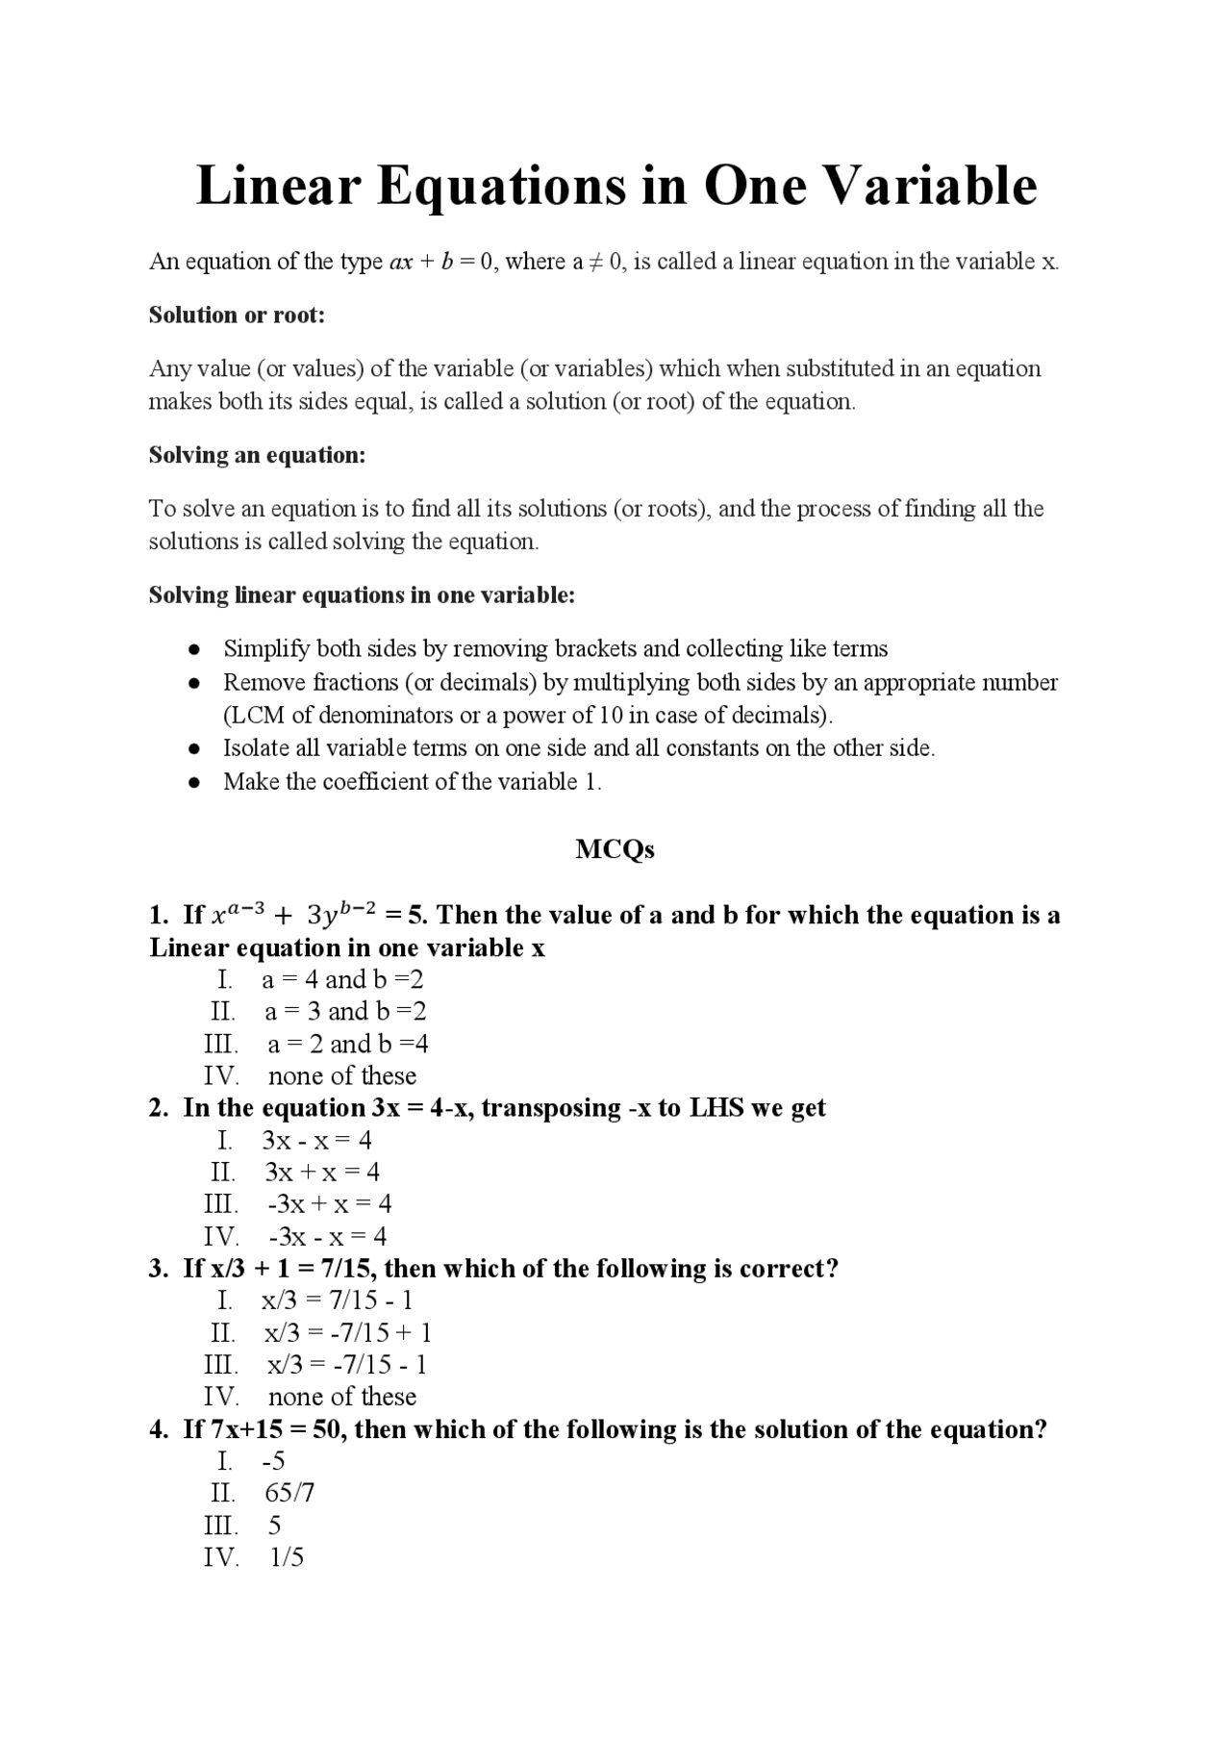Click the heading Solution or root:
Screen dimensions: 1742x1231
click(237, 315)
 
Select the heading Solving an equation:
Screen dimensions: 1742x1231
click(257, 455)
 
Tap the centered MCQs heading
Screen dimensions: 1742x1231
click(615, 848)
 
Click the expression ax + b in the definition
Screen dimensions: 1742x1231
click(421, 262)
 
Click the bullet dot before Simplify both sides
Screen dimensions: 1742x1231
click(194, 649)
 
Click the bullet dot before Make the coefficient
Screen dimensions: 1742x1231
click(194, 782)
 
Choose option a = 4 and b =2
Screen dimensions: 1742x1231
click(342, 979)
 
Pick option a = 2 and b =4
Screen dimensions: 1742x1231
click(347, 1044)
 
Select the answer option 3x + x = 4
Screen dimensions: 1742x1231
click(322, 1172)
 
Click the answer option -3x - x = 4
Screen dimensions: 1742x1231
click(327, 1236)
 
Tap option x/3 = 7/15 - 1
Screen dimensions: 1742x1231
click(337, 1300)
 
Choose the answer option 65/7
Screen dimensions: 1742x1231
click(289, 1493)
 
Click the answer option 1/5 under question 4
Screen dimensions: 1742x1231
click(287, 1557)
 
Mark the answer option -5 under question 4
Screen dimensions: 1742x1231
click(274, 1461)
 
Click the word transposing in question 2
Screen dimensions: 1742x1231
click(551, 1108)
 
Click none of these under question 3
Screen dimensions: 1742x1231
click(341, 1397)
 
